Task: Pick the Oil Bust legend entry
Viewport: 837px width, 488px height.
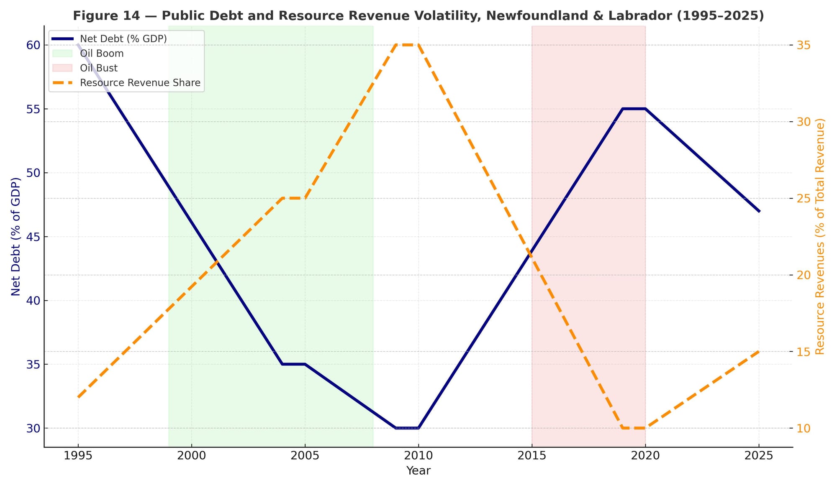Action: click(x=99, y=68)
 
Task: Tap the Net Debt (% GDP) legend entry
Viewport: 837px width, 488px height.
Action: click(x=123, y=39)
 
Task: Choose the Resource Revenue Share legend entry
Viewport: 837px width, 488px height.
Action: click(x=140, y=83)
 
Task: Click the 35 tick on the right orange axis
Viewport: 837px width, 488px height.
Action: click(x=803, y=45)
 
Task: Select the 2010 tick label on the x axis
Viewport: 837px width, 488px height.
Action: click(x=418, y=456)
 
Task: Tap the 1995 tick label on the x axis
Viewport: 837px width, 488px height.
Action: click(x=78, y=456)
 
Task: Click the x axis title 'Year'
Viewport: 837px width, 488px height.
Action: click(x=418, y=471)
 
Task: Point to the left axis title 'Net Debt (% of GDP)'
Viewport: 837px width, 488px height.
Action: click(x=15, y=236)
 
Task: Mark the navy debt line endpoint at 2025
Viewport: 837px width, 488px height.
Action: click(x=759, y=211)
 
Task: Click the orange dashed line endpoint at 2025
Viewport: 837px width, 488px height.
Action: click(x=759, y=352)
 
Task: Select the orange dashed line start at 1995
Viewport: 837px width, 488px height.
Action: click(x=78, y=397)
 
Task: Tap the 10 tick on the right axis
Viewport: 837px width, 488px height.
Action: click(x=803, y=428)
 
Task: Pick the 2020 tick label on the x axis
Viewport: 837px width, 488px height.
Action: click(x=645, y=456)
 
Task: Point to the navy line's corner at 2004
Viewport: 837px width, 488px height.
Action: click(x=282, y=364)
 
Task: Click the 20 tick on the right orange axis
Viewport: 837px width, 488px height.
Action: click(x=803, y=275)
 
